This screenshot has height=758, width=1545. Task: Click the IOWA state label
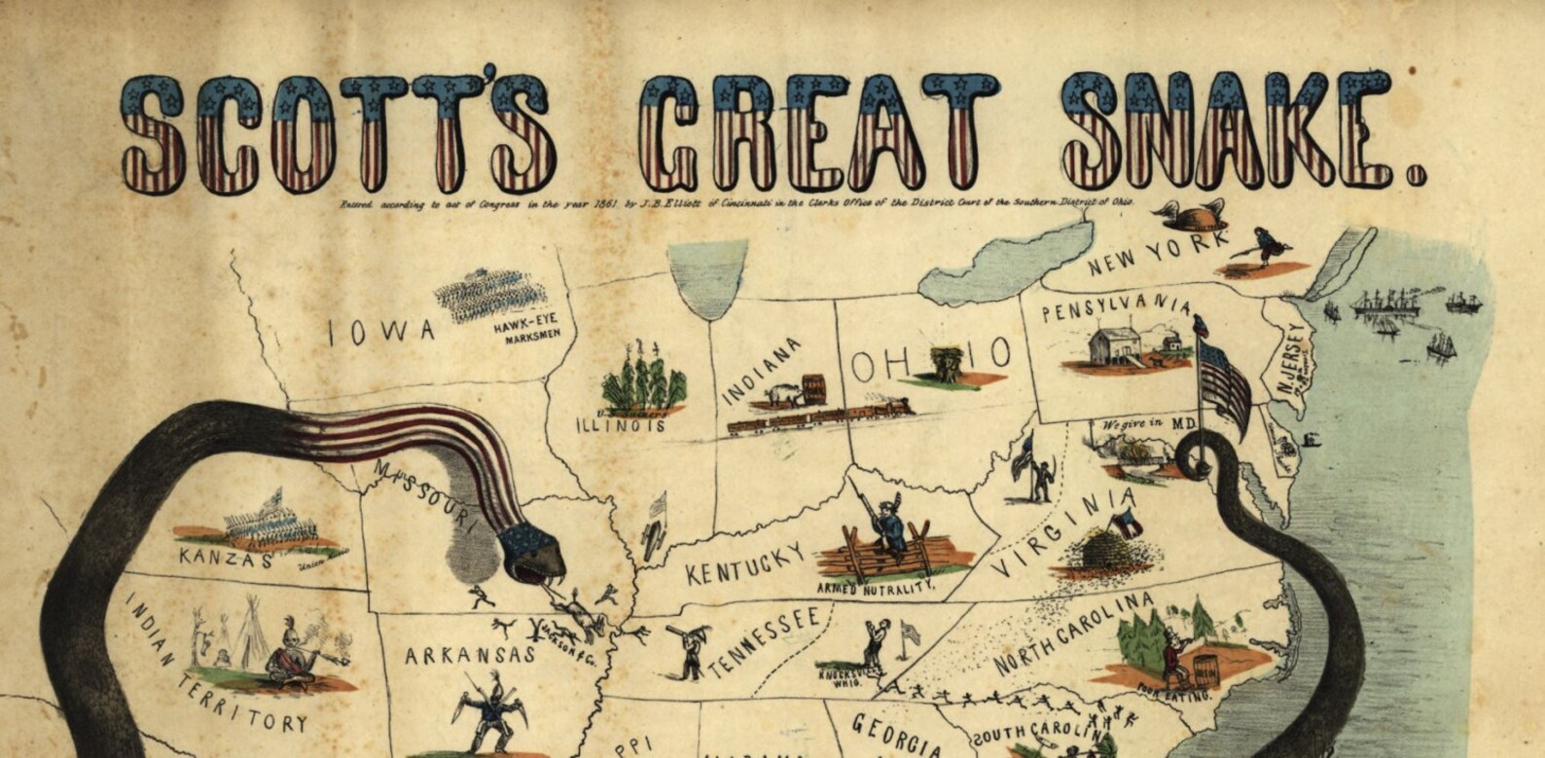(x=382, y=332)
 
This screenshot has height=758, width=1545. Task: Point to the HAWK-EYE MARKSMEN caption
(x=526, y=333)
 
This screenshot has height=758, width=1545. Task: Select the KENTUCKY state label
(x=746, y=563)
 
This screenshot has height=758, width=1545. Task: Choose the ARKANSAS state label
(x=470, y=655)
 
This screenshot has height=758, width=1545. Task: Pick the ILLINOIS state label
(x=622, y=425)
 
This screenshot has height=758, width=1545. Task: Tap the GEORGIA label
(x=895, y=735)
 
